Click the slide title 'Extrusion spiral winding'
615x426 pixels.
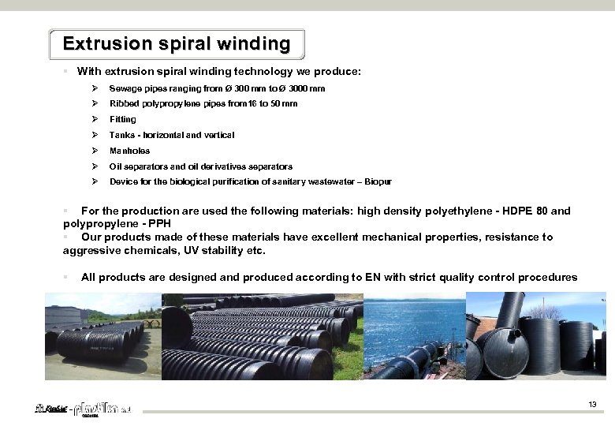click(x=176, y=43)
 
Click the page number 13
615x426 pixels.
click(x=592, y=405)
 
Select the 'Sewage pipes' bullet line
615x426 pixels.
click(x=217, y=88)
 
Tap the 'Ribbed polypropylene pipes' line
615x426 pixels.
click(x=203, y=104)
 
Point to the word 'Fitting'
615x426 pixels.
click(x=122, y=120)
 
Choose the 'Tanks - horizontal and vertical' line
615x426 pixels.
click(x=171, y=136)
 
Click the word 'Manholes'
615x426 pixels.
click(x=129, y=151)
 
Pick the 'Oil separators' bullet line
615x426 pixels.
click(x=200, y=166)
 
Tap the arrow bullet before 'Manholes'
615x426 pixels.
click(x=94, y=151)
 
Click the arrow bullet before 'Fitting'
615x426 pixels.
click(x=94, y=120)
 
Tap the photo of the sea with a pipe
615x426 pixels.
click(x=414, y=336)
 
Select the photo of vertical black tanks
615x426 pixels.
click(x=536, y=336)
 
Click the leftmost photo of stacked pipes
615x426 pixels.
click(x=102, y=336)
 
